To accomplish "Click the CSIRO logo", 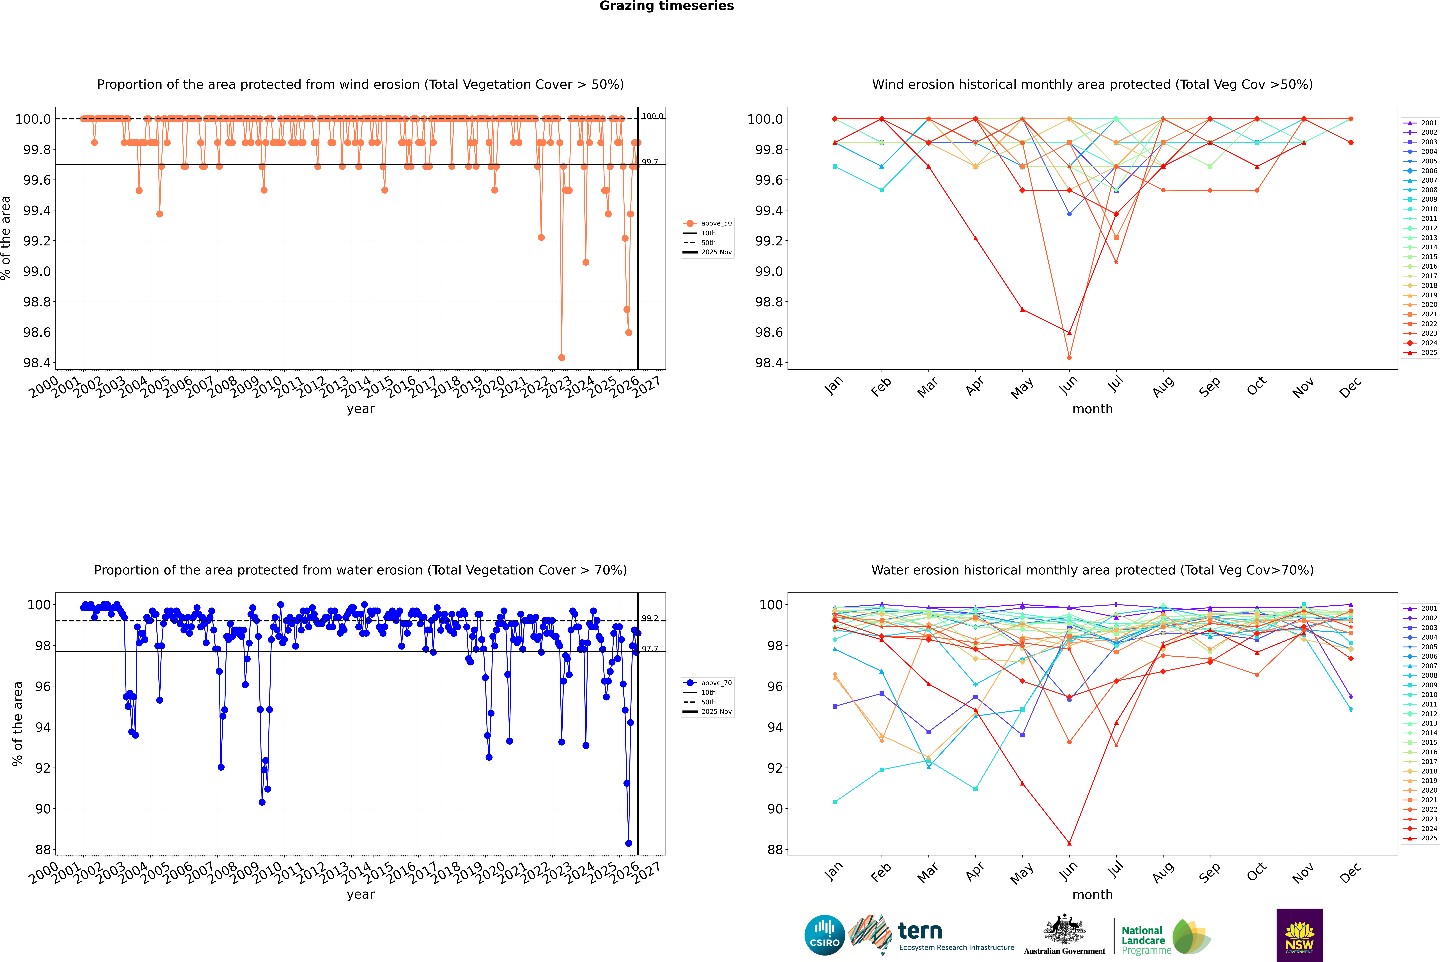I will (824, 935).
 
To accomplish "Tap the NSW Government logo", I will (1299, 935).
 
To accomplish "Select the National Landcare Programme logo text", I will (1143, 940).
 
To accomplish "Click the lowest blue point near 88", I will (629, 843).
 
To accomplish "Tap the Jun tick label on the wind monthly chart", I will (1069, 385).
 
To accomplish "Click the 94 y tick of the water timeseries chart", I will (43, 727).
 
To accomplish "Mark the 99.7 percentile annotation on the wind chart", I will (650, 162).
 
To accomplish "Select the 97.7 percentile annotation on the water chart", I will (650, 648).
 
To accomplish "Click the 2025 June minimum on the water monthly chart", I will (1069, 843).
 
